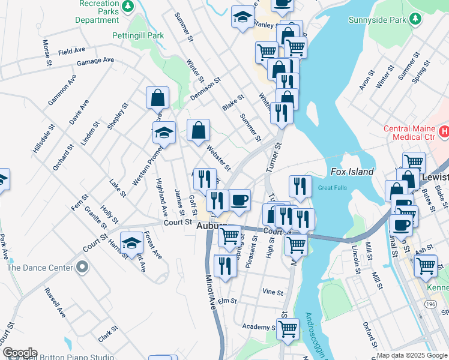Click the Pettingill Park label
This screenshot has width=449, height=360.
click(x=138, y=35)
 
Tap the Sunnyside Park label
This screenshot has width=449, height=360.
click(x=376, y=20)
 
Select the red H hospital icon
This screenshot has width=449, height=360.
click(x=444, y=131)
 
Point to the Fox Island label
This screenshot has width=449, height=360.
click(x=352, y=172)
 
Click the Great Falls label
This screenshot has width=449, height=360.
click(x=333, y=188)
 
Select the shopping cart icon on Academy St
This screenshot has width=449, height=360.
click(x=288, y=328)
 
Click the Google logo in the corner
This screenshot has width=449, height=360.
click(x=19, y=353)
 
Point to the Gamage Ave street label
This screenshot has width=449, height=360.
click(x=95, y=61)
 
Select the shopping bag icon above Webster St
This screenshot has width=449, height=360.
click(x=198, y=130)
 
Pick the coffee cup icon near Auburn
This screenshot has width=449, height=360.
click(x=240, y=199)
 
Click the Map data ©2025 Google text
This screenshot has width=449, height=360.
click(x=412, y=355)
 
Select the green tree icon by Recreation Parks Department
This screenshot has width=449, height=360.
click(x=127, y=6)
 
